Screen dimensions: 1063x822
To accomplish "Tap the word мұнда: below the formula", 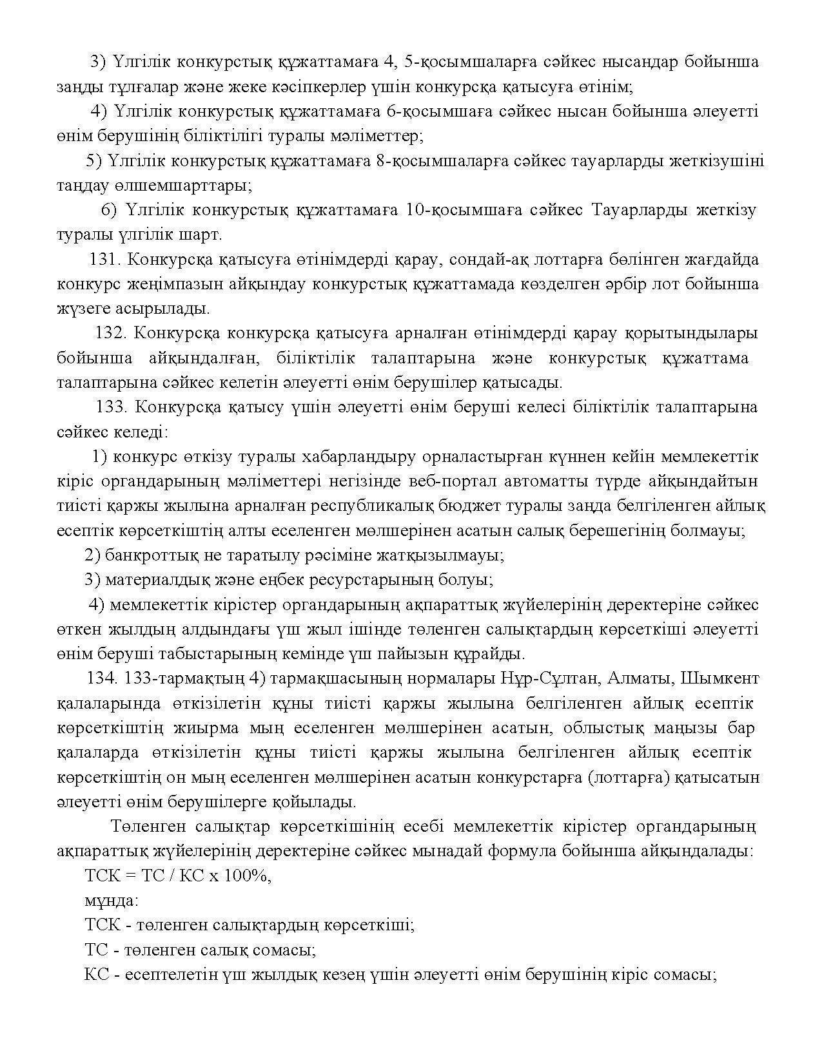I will tap(112, 901).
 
